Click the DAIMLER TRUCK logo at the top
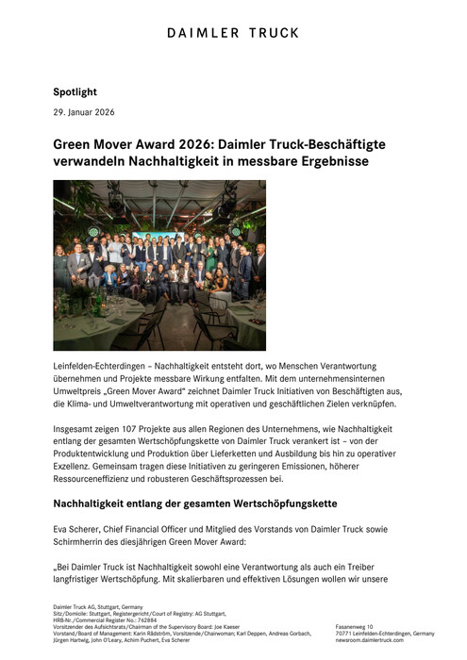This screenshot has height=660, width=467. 233,33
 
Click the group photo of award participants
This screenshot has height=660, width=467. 159,265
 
